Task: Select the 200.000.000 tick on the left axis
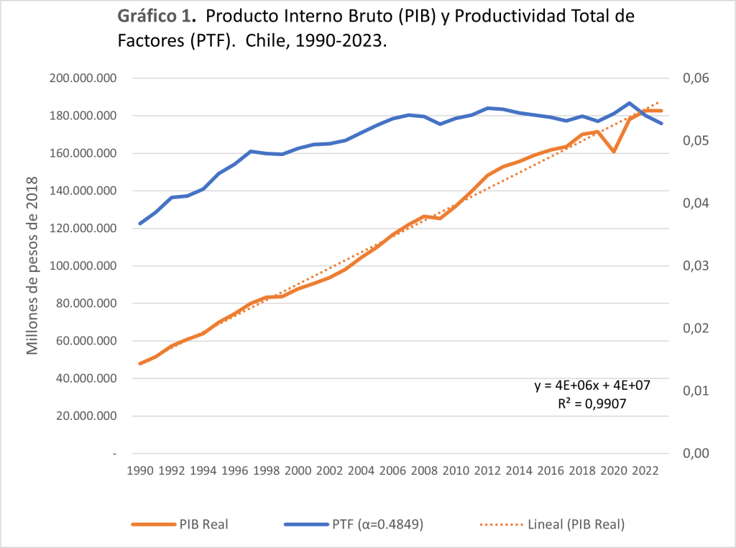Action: click(85, 78)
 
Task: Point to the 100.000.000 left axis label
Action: click(85, 266)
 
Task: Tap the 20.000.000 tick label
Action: click(88, 416)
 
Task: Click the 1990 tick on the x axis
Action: click(140, 472)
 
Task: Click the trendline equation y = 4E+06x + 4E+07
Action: click(592, 386)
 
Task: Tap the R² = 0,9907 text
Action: click(592, 404)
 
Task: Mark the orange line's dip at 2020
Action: click(614, 152)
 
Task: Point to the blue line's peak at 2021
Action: click(630, 103)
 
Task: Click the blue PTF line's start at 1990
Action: click(140, 224)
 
